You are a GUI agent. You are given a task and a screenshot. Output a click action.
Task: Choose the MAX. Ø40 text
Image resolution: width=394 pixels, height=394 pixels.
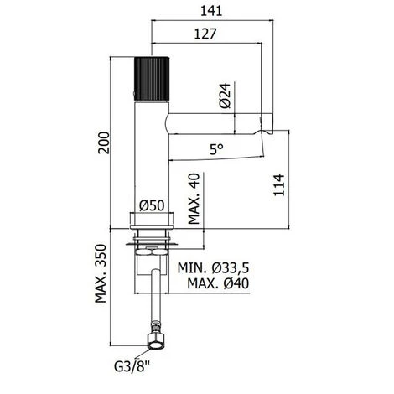216,285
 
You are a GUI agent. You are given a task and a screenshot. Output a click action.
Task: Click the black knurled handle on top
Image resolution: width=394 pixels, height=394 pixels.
152,75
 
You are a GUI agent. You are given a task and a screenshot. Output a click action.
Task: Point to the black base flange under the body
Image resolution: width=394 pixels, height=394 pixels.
152,221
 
